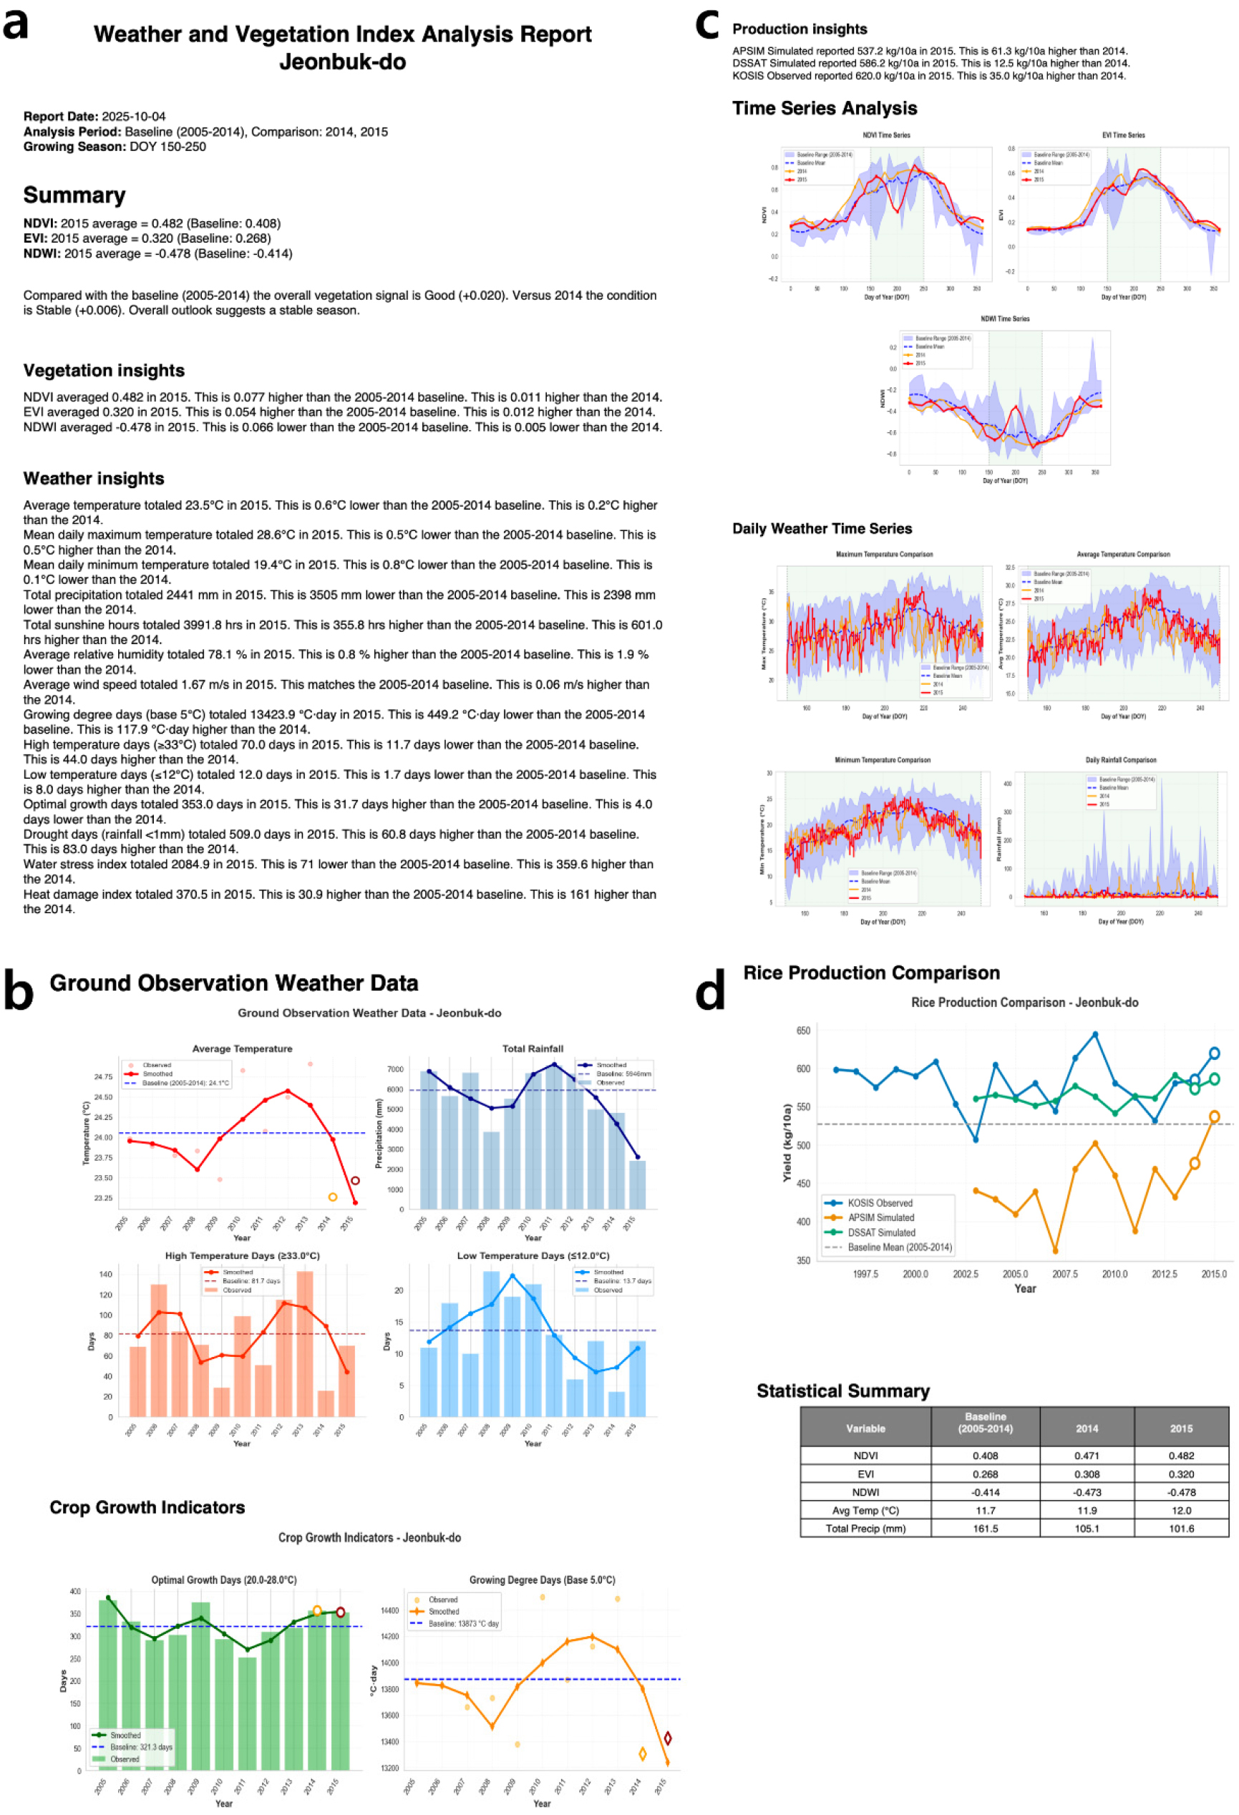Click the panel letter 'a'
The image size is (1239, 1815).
(16, 26)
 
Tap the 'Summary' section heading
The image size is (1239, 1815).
(74, 195)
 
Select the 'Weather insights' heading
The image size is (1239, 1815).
(94, 479)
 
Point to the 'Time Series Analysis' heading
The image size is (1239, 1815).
(824, 109)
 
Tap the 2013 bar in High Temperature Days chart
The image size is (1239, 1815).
(305, 1343)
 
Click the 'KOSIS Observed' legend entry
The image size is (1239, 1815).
(880, 1202)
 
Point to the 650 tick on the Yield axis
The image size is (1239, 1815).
(803, 1031)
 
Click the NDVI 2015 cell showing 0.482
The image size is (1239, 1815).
(1180, 1456)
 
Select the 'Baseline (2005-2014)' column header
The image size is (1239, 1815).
(985, 1422)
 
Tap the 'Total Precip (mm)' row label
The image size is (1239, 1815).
(865, 1529)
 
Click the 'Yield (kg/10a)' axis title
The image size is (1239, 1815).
(787, 1142)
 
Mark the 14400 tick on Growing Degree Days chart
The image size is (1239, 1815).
(390, 1610)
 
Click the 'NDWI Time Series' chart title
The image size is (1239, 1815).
(1005, 318)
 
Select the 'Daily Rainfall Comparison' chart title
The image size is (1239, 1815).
(1120, 760)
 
